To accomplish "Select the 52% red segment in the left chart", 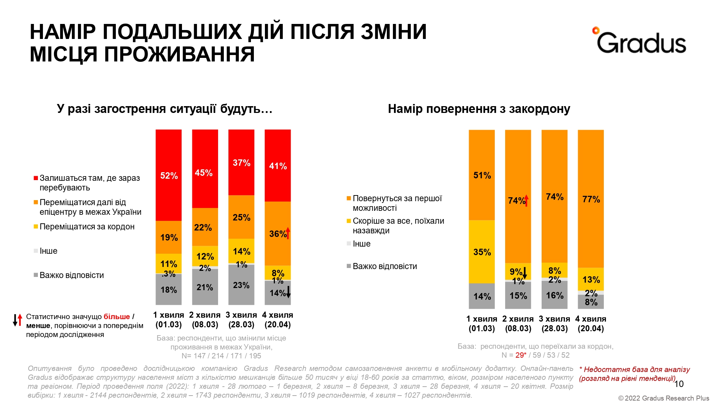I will coord(168,175).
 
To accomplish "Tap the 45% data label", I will coord(203,173).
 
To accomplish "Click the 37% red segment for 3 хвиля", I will coord(241,163).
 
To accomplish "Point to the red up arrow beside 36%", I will coord(288,233).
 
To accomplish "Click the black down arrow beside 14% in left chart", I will coord(288,292).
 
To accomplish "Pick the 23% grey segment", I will coord(241,285).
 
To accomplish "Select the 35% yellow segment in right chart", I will coord(482,252).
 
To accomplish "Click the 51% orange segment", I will coord(482,175).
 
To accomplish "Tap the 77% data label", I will coord(591,199).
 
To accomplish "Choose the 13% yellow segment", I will coord(591,279).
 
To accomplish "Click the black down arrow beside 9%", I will coord(525,273).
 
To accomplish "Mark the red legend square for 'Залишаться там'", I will coord(36,178).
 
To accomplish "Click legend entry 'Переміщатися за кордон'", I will coord(87,227).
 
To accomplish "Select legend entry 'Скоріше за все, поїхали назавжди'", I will coord(398,225).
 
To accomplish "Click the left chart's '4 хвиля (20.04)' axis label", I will coord(277,320).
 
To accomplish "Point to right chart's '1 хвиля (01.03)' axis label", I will coord(482,324).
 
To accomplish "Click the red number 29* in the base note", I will coord(521,355).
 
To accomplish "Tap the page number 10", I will coord(679,384).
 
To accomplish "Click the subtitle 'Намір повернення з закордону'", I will coord(479,109).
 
